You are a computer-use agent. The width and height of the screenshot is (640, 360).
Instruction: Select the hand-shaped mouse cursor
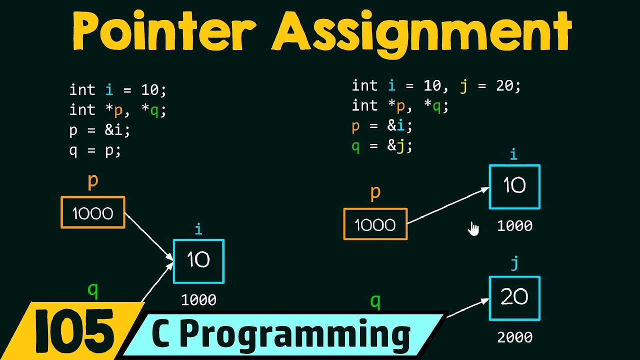(x=473, y=228)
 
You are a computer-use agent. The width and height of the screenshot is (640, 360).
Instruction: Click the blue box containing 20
(x=514, y=298)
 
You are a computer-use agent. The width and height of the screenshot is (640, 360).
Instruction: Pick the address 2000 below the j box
(x=514, y=337)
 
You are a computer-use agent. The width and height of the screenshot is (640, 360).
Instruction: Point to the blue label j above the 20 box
(x=514, y=264)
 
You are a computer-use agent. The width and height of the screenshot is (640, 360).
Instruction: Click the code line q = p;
(x=95, y=150)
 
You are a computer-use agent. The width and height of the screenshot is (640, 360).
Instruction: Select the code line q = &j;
(x=382, y=146)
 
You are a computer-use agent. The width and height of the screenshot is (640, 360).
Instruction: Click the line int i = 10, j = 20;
(x=436, y=86)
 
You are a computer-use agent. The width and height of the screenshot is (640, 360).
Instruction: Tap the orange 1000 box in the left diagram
(x=93, y=213)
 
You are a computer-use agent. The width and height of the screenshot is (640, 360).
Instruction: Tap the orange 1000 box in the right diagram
(x=375, y=224)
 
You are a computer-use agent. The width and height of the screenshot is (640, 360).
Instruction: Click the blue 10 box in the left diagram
(x=198, y=260)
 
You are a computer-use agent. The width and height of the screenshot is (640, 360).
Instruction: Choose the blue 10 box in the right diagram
(x=514, y=186)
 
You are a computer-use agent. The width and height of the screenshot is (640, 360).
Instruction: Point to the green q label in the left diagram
(x=92, y=290)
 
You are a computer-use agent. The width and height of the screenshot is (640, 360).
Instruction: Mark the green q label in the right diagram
(x=375, y=301)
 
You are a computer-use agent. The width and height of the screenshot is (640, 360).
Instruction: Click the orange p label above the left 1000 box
(x=93, y=181)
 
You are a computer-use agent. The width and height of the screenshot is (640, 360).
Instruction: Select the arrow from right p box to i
(x=448, y=205)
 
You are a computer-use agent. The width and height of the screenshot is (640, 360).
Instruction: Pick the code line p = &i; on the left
(x=99, y=130)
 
